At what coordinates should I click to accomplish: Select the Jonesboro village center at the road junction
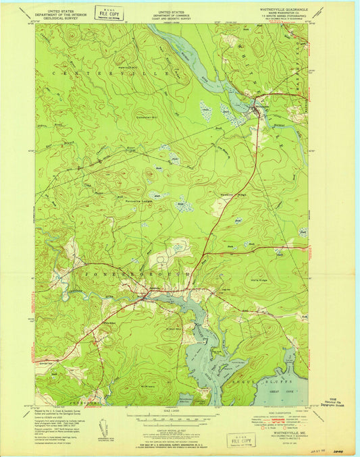145,293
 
